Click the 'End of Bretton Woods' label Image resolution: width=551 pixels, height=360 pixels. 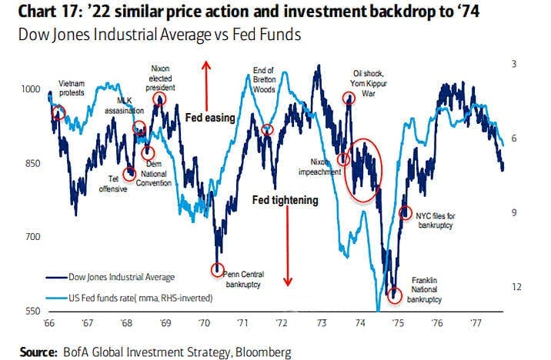(x=263, y=80)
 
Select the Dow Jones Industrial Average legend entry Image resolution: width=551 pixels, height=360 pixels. (x=109, y=277)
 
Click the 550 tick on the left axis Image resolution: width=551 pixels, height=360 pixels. (x=28, y=311)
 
